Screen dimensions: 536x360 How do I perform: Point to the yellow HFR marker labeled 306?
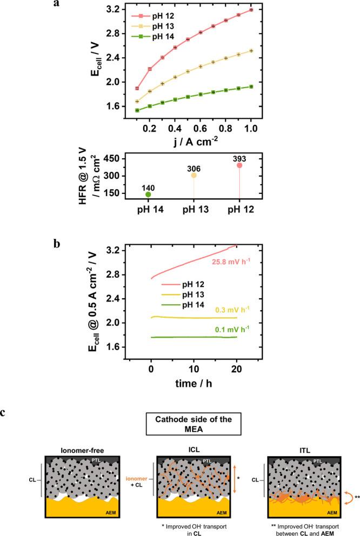pos(194,176)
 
